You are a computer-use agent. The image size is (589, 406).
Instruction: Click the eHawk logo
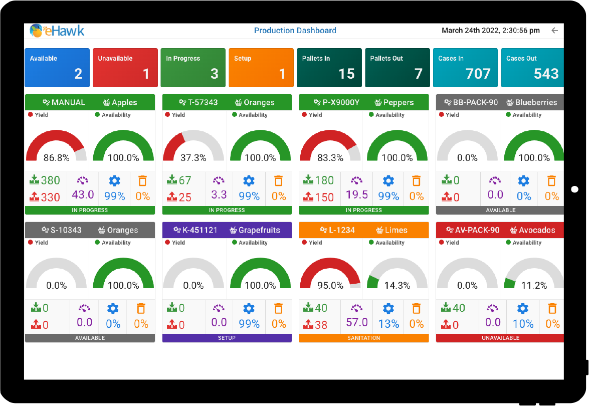click(x=57, y=31)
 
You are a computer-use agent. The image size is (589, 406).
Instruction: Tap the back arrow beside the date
click(x=554, y=31)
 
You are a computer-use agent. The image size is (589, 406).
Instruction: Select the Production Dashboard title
click(x=295, y=31)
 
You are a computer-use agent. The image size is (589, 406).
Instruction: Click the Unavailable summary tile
click(x=125, y=68)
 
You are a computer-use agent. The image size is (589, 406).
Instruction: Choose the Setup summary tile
click(x=261, y=68)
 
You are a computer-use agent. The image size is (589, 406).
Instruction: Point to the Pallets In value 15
click(x=346, y=74)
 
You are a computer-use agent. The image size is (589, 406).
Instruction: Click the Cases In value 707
click(x=478, y=74)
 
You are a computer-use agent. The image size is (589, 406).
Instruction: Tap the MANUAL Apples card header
click(x=90, y=102)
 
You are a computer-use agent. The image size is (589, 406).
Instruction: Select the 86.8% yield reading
click(x=57, y=158)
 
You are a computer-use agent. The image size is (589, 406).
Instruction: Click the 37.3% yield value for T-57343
click(x=193, y=158)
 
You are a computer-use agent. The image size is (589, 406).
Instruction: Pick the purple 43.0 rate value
click(x=83, y=194)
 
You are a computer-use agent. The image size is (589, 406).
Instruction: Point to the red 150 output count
click(x=324, y=197)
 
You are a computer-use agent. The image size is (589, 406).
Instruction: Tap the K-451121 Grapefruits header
click(x=227, y=230)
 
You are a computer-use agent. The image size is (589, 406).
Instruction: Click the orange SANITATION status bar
click(x=364, y=338)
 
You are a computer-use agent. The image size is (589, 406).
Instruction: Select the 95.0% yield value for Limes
click(x=330, y=286)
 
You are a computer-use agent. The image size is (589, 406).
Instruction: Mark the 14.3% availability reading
click(x=397, y=286)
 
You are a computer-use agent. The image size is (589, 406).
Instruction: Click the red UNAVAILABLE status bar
click(x=500, y=338)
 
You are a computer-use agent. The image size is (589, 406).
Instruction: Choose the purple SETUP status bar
click(x=227, y=338)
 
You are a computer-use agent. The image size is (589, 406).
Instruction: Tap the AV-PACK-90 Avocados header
click(x=500, y=230)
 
